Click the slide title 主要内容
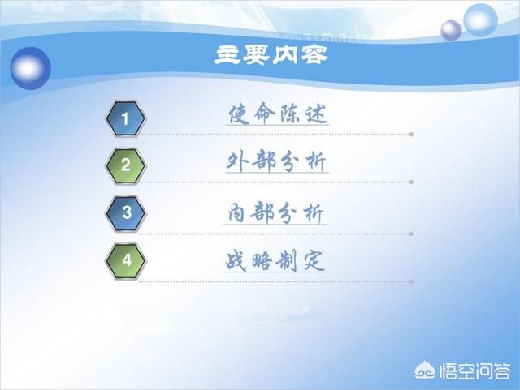[271, 55]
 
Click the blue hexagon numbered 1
[125, 118]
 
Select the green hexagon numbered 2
[125, 165]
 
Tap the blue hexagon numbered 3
[125, 212]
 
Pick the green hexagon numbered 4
[125, 260]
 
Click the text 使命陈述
[278, 114]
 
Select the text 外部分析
[277, 161]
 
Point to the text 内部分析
[275, 212]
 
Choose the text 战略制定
[275, 260]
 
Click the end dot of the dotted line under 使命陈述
[411, 135]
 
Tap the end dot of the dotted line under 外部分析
[411, 182]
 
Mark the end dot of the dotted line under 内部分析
[411, 234]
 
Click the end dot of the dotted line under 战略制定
[411, 281]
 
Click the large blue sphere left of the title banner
[31, 68]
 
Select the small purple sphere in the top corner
[451, 31]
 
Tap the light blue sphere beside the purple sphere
[480, 19]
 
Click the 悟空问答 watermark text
[474, 371]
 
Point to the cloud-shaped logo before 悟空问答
[425, 371]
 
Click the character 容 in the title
[315, 55]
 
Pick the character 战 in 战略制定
[236, 261]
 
